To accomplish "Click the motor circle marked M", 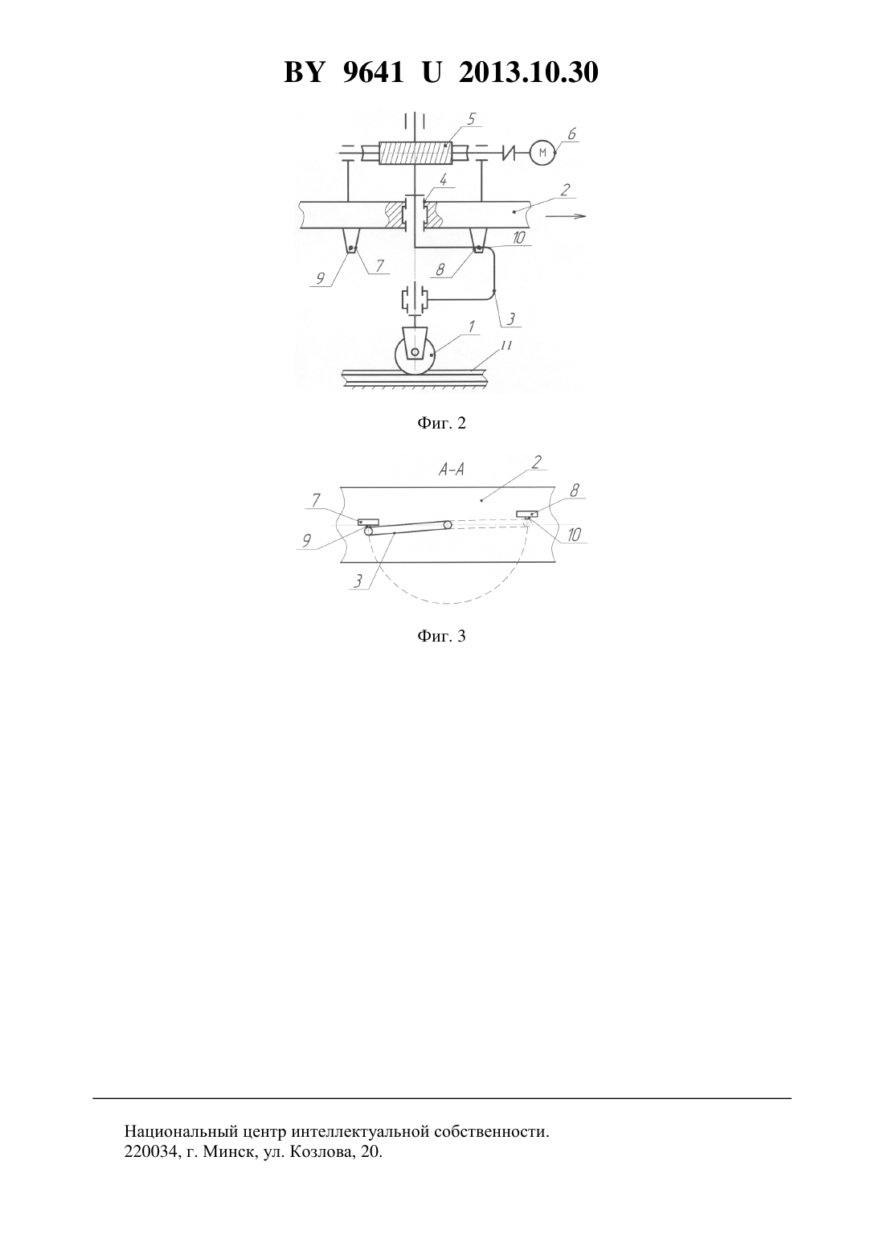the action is click(542, 152).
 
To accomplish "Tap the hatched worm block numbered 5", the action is click(415, 152).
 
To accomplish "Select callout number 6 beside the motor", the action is click(571, 133).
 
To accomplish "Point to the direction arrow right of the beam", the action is click(566, 216).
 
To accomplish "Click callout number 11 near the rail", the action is click(505, 346).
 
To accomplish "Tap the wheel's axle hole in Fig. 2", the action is click(415, 352).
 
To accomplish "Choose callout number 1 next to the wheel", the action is click(472, 326).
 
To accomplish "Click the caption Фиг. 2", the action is click(441, 424).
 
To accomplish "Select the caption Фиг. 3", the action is click(441, 636).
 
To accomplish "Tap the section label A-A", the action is click(452, 470).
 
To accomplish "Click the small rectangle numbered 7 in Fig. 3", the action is click(368, 522).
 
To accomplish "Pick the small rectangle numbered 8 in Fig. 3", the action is click(527, 513).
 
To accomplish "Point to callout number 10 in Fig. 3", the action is click(574, 535).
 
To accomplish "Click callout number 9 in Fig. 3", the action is click(306, 540).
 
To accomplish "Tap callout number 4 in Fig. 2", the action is click(443, 180).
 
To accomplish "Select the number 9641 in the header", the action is click(372, 72).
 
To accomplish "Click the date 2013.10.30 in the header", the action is click(528, 72).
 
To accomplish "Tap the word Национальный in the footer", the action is click(182, 1132).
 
